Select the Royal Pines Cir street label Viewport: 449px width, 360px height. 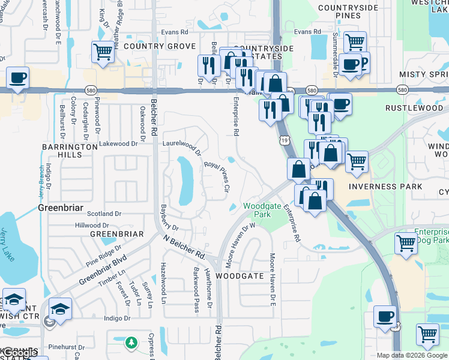coord(217,175)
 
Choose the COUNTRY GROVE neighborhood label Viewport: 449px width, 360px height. coord(151,46)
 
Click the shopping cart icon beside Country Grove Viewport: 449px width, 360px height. coord(103,52)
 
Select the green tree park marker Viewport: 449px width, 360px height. coord(131,343)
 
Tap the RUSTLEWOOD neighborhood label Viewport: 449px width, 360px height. coord(414,108)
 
